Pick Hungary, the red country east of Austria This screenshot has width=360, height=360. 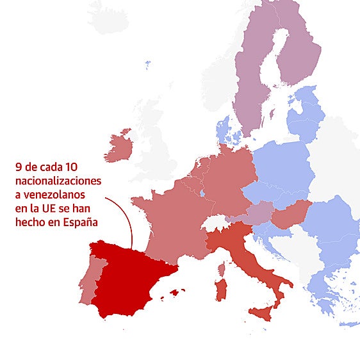(x=291, y=215)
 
